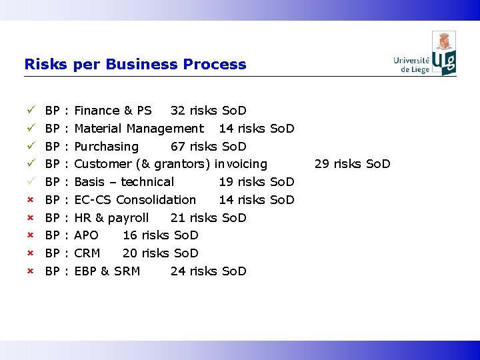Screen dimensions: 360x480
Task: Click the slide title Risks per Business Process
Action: click(x=135, y=65)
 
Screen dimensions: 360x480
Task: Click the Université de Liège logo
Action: click(x=425, y=54)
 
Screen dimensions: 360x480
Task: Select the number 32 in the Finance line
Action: click(x=178, y=111)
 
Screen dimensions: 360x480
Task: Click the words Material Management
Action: click(x=139, y=129)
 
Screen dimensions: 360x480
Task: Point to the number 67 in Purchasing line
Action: click(x=179, y=147)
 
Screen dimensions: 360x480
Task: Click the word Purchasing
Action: click(x=106, y=147)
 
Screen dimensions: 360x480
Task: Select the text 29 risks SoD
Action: click(x=352, y=164)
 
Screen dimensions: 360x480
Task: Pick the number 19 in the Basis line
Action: click(x=226, y=182)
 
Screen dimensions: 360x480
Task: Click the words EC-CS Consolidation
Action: click(x=135, y=200)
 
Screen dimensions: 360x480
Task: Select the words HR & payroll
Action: click(x=111, y=218)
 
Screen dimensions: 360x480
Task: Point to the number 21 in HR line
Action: click(x=178, y=218)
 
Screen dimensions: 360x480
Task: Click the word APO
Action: click(x=86, y=235)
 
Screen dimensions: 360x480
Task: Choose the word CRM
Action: click(x=87, y=253)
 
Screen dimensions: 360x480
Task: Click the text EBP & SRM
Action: click(x=107, y=271)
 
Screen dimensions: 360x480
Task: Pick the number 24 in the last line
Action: click(x=178, y=271)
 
